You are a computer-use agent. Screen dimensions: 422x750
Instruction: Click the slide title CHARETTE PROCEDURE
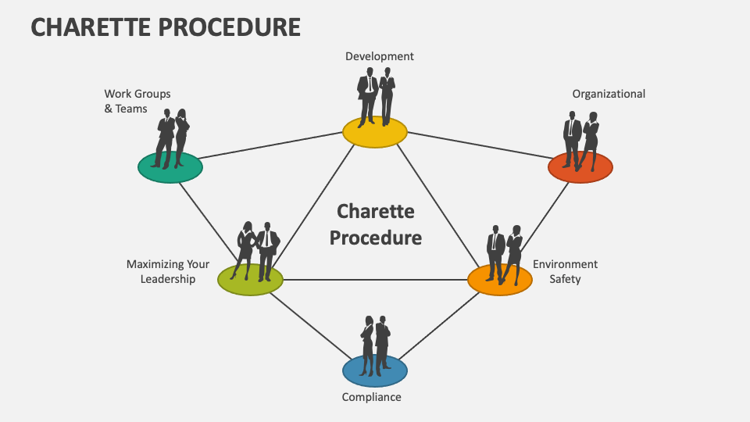[x=166, y=27]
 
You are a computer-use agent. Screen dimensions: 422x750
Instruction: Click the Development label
[x=380, y=56]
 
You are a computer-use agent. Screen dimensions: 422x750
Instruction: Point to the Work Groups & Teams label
[x=137, y=102]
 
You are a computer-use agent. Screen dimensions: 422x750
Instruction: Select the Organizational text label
[x=609, y=94]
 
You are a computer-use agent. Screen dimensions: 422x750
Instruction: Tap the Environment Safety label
[x=565, y=271]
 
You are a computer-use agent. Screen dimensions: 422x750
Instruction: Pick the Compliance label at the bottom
[x=372, y=397]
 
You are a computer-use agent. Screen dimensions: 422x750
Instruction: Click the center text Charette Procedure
[x=375, y=224]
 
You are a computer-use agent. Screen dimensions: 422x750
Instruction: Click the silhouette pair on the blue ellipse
[x=375, y=344]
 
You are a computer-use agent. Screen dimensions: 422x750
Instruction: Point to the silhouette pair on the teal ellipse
[x=171, y=138]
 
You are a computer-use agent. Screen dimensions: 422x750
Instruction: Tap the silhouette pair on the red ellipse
[x=581, y=141]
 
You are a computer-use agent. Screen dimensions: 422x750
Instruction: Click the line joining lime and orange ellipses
[x=375, y=280]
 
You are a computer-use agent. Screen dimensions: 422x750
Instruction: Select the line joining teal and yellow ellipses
[x=273, y=144]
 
